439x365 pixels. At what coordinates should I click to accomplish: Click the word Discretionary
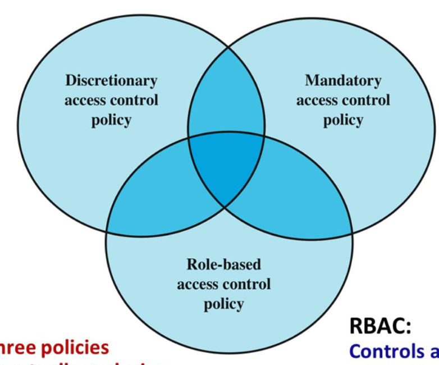coord(111,81)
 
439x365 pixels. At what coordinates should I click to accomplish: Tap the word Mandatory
coord(343,81)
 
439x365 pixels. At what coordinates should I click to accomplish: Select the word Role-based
coord(223,264)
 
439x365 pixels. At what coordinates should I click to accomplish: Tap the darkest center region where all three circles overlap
coord(226,168)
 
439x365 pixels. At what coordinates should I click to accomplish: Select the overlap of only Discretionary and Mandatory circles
coord(226,101)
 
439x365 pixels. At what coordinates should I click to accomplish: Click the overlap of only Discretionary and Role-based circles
coord(152,197)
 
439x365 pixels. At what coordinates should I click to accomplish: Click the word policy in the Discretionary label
coord(111,120)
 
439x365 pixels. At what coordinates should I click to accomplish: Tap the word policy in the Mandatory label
coord(343,120)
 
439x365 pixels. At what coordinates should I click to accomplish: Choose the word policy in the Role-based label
coord(223,304)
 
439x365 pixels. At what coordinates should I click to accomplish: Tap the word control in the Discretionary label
coord(135,101)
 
